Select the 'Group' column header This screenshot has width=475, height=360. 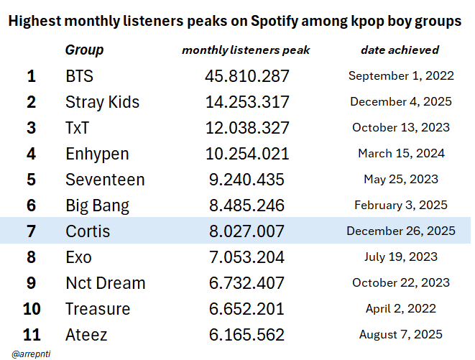click(x=84, y=50)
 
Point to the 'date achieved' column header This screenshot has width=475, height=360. click(x=400, y=50)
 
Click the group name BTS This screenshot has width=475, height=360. click(x=79, y=76)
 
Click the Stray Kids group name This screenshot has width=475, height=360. click(x=102, y=102)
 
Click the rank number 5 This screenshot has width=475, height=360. click(x=31, y=180)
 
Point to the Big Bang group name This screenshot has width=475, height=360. click(x=97, y=206)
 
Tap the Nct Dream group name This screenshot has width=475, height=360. click(x=105, y=283)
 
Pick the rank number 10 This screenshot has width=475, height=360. click(x=31, y=309)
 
